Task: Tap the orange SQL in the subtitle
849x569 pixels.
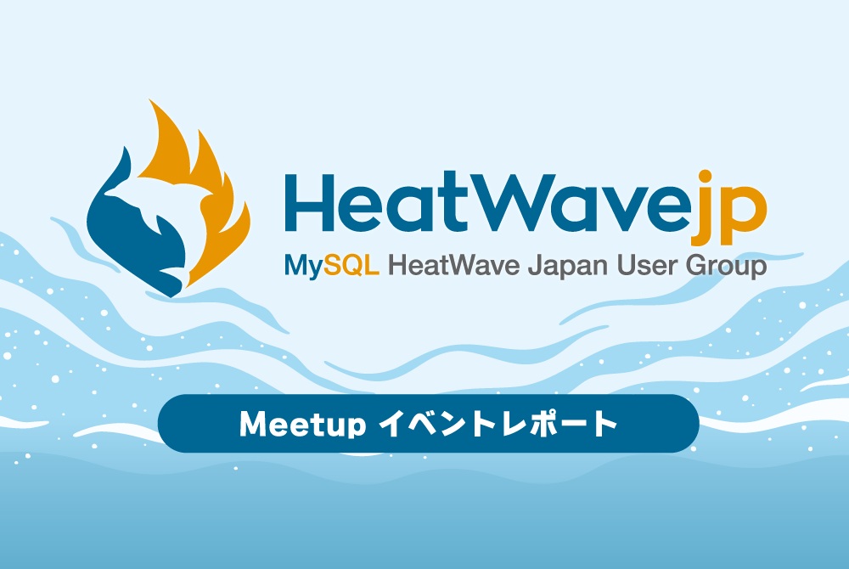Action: (x=351, y=265)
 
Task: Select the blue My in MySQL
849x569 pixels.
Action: (x=304, y=267)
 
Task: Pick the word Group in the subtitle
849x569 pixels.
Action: (x=726, y=267)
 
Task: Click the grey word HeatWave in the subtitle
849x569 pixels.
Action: (x=453, y=265)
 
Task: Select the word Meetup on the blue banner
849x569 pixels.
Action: (x=303, y=425)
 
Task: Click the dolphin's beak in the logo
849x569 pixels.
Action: (x=110, y=192)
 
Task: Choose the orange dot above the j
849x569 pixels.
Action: (x=705, y=177)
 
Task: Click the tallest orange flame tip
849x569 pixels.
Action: (x=151, y=101)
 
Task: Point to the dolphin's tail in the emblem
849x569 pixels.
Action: (x=172, y=275)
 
